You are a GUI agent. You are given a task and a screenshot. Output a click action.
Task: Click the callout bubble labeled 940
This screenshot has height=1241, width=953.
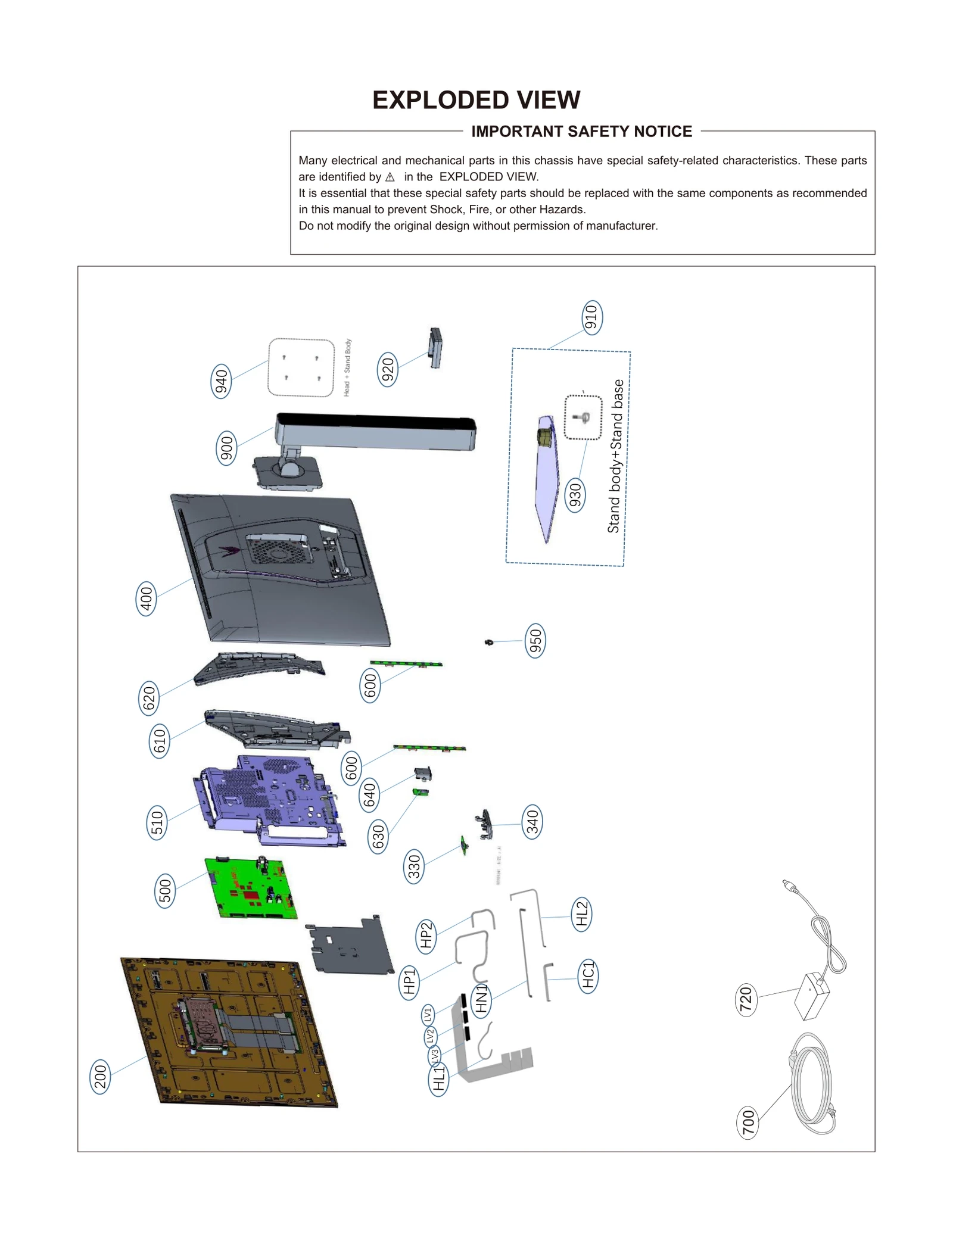click(221, 381)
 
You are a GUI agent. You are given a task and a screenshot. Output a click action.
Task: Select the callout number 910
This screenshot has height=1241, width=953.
click(591, 317)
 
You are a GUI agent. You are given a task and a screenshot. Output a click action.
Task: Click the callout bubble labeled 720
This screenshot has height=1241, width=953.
click(746, 1000)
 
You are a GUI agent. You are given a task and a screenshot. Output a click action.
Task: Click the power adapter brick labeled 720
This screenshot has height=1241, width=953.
click(812, 995)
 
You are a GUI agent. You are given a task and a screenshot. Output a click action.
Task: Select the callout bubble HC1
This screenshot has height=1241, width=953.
click(588, 976)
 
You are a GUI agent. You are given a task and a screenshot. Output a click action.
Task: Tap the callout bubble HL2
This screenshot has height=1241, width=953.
click(581, 914)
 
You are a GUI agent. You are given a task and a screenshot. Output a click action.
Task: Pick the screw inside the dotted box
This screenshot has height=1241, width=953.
click(583, 417)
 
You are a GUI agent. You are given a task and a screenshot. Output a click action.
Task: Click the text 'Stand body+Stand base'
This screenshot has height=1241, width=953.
click(616, 456)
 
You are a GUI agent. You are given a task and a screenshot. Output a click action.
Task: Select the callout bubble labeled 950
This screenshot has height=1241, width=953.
click(535, 641)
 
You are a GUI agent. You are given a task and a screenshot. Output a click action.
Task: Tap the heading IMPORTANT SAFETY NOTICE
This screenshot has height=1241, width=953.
click(581, 132)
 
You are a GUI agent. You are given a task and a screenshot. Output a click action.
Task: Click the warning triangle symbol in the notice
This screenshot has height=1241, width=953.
click(390, 177)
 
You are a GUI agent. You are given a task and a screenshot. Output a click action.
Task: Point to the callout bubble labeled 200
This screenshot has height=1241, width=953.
click(100, 1077)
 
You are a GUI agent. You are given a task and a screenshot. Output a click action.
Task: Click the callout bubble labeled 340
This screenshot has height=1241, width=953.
click(532, 822)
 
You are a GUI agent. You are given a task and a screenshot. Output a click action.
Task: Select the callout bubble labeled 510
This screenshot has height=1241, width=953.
click(157, 822)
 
